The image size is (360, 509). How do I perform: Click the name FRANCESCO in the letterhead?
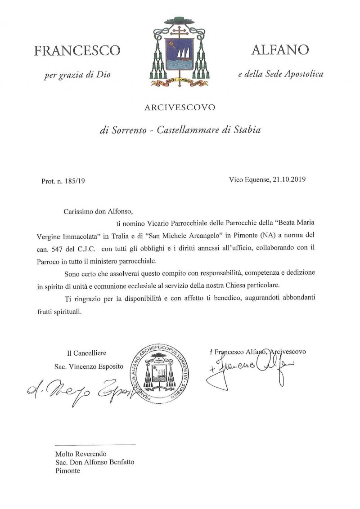click(x=77, y=50)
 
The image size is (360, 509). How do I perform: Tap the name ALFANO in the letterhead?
click(x=280, y=49)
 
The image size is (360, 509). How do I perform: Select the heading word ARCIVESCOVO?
click(x=180, y=107)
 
